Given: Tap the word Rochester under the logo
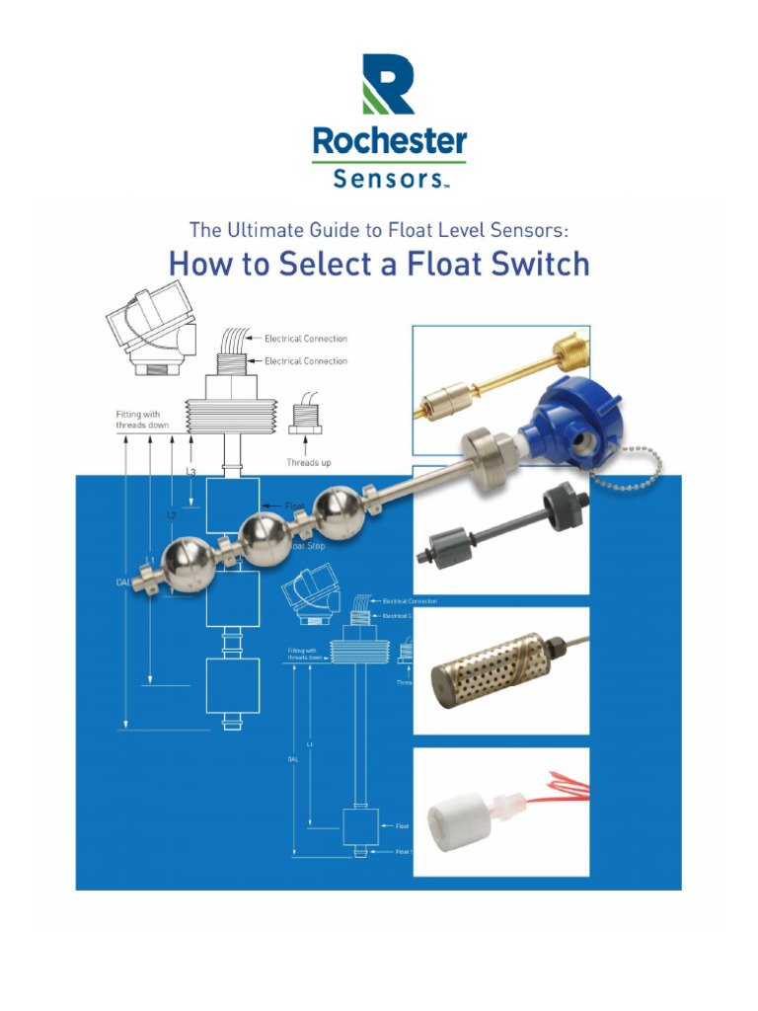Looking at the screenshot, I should [389, 141].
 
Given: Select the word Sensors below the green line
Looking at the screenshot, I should [387, 179].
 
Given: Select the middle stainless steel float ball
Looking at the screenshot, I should [265, 537].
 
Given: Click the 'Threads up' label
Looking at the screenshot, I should [308, 462].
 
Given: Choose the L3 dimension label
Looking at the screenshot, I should [191, 472].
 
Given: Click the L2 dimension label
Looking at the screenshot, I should [171, 514].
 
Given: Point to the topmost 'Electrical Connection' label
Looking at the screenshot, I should [305, 339].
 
